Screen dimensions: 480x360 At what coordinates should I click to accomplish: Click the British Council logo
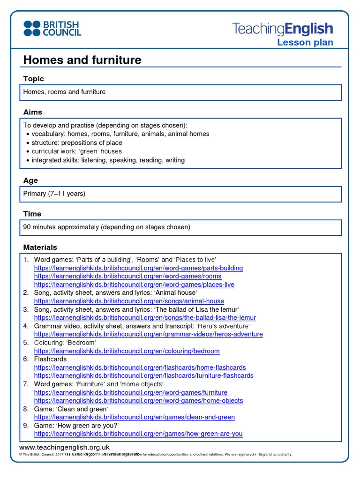(x=52, y=28)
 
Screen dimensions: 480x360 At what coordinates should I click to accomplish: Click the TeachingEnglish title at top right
(x=283, y=29)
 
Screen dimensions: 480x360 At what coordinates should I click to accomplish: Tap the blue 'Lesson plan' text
(x=305, y=43)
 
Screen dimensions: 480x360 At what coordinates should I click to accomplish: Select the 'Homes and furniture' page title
(x=82, y=60)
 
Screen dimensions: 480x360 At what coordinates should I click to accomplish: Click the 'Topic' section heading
(x=34, y=79)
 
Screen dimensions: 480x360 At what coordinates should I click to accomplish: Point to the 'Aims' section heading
(x=33, y=112)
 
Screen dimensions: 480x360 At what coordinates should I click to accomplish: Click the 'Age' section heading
(x=30, y=180)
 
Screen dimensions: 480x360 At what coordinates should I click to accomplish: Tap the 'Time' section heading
(x=32, y=214)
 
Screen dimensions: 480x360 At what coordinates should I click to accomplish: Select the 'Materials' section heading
(x=40, y=247)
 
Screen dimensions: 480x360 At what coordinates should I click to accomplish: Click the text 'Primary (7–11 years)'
(x=54, y=194)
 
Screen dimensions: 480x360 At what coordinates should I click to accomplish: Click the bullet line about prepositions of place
(x=77, y=142)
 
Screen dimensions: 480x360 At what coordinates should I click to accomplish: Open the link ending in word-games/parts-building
(x=138, y=268)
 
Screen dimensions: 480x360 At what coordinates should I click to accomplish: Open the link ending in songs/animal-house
(x=129, y=301)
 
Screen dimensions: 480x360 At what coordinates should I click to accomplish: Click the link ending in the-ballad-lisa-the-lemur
(x=145, y=318)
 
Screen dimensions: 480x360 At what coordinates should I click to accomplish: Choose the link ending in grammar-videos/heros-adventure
(x=148, y=334)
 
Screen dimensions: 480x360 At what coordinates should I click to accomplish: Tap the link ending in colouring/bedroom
(x=127, y=351)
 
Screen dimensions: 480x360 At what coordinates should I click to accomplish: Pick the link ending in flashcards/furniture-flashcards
(x=143, y=375)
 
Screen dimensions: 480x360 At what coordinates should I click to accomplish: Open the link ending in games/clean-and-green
(x=135, y=417)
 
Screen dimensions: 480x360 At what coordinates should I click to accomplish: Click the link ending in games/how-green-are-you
(x=138, y=434)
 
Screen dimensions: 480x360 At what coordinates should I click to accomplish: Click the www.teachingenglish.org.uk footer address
(x=64, y=447)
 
